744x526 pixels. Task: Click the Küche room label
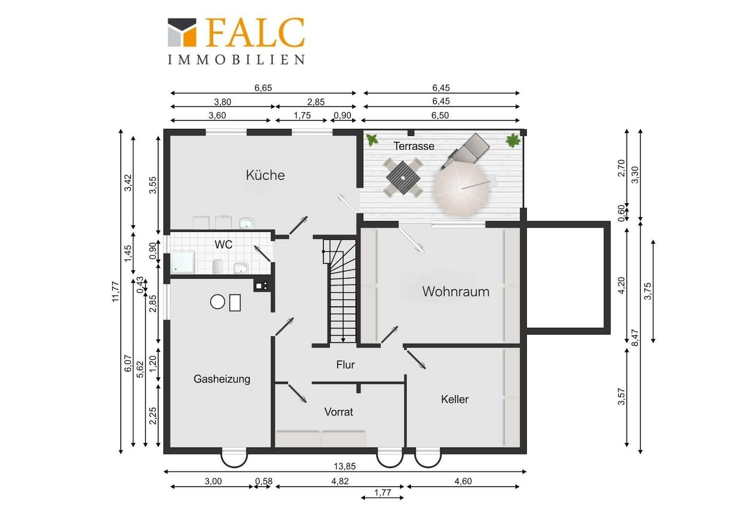click(265, 175)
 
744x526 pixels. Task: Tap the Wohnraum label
click(456, 291)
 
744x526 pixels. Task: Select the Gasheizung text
click(222, 379)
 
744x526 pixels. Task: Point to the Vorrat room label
click(338, 412)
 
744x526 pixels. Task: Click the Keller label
click(454, 399)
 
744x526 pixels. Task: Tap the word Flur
click(345, 364)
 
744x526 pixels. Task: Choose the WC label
click(223, 244)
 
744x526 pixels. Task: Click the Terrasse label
click(413, 146)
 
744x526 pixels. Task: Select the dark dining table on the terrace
click(403, 177)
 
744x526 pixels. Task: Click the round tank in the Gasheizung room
click(218, 301)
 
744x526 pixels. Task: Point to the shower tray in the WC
click(182, 262)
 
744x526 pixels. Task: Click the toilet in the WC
click(217, 267)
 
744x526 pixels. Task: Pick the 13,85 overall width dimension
click(344, 466)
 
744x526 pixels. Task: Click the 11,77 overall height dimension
click(115, 291)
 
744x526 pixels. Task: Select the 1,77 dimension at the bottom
click(383, 492)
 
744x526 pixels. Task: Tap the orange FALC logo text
click(255, 32)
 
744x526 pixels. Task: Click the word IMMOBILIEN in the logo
click(236, 59)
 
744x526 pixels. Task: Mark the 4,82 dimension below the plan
click(340, 481)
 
